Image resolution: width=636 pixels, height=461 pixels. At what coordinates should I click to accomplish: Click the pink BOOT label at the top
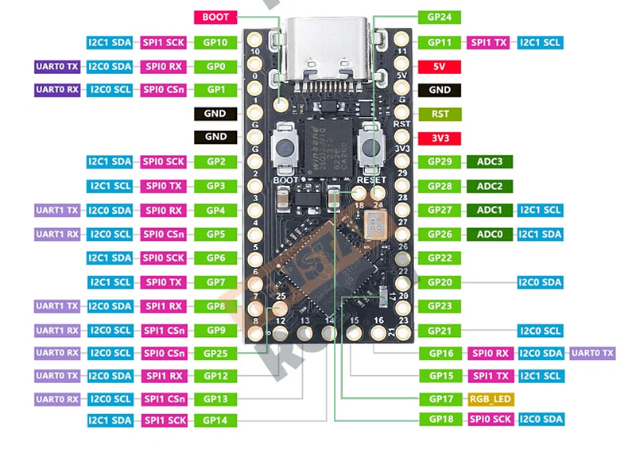(x=215, y=17)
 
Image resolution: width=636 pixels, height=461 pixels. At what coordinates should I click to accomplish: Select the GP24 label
(x=440, y=17)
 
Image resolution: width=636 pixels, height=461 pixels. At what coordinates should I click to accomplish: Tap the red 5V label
(x=440, y=67)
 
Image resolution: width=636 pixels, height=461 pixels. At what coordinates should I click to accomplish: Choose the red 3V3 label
(x=440, y=138)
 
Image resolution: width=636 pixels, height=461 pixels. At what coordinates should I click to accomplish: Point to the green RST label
(x=440, y=114)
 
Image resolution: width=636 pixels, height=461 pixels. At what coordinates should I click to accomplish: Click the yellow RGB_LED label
(x=491, y=399)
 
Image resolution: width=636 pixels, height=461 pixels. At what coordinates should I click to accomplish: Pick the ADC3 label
(x=490, y=162)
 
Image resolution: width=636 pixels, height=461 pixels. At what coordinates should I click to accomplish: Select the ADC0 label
(x=490, y=234)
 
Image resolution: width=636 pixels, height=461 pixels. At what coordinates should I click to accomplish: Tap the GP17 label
(x=440, y=399)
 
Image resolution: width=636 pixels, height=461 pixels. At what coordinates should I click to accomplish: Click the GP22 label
(x=440, y=258)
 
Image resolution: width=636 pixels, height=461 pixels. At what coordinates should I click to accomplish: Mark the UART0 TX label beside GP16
(x=592, y=353)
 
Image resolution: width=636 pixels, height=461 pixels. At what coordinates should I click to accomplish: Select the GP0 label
(x=215, y=67)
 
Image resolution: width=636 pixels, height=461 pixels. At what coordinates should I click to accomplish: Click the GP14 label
(x=215, y=420)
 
